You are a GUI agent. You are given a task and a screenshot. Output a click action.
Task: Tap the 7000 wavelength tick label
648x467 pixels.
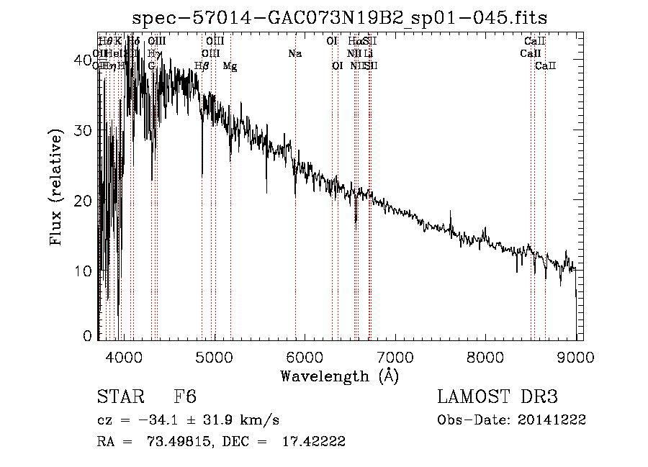coord(395,355)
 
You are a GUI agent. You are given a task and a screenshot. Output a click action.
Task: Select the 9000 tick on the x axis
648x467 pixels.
coord(576,355)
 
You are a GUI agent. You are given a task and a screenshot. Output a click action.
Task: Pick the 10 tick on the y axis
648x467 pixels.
coord(83,271)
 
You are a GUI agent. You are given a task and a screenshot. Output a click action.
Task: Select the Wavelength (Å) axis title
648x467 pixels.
coord(339,376)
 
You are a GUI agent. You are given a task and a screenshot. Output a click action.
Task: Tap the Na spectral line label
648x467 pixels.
coord(294,54)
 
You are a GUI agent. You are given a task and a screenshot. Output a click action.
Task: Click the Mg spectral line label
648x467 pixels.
coord(230,66)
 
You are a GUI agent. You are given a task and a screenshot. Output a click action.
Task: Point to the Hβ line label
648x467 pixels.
coord(202,66)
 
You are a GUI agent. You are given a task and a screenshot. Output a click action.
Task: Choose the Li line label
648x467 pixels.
coord(368,54)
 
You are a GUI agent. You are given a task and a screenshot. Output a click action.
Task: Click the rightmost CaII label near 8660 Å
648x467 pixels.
coord(546,66)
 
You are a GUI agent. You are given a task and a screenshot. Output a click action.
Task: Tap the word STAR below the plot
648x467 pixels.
coord(120,397)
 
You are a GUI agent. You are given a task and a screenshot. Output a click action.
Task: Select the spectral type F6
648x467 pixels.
coord(185,397)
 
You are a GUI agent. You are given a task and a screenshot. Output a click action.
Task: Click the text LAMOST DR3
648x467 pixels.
coord(497,397)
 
